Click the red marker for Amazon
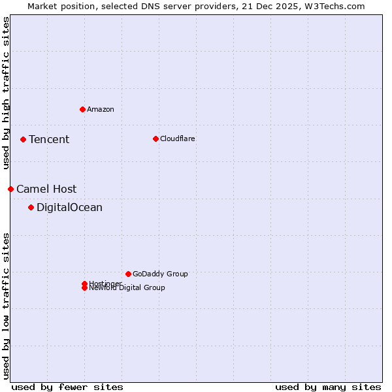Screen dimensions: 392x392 [82, 109]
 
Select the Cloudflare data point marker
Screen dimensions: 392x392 [155, 139]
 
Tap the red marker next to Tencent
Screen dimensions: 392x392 [23, 139]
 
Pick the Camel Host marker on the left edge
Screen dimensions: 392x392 [10, 189]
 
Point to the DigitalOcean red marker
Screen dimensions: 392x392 [31, 208]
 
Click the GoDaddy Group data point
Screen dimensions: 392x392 [128, 274]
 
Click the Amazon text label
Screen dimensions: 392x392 [101, 109]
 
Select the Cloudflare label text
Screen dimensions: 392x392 [178, 139]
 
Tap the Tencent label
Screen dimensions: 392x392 [49, 139]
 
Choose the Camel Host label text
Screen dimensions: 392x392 [46, 189]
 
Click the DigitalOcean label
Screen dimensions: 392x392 [69, 208]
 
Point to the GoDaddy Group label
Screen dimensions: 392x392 [160, 274]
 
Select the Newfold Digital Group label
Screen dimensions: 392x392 [127, 288]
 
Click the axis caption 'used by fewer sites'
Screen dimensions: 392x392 [67, 387]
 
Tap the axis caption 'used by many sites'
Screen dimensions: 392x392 [328, 387]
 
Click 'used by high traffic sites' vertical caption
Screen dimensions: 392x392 [6, 93]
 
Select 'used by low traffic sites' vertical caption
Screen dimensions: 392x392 [6, 306]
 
